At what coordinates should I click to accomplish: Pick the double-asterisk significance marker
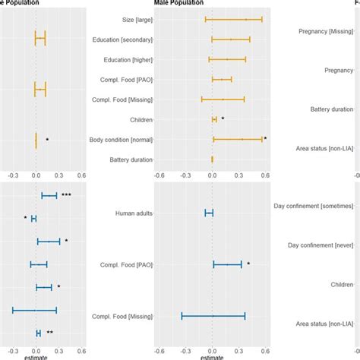(x=49, y=333)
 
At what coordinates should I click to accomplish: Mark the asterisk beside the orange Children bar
(x=223, y=118)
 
